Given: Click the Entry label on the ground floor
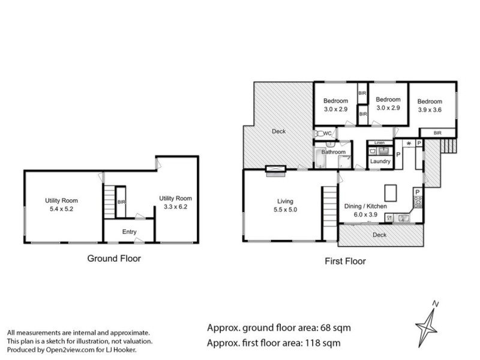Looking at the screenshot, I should (x=130, y=231).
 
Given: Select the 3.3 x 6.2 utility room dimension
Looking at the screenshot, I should (x=175, y=207).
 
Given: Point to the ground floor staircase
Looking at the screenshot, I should (x=109, y=202).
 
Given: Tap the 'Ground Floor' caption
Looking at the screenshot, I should (x=114, y=259).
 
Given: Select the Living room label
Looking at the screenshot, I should (x=286, y=201).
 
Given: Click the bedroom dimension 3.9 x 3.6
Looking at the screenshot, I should (x=430, y=110).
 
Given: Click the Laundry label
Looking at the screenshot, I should (x=380, y=161).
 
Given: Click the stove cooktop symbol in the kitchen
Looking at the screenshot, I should (x=418, y=202).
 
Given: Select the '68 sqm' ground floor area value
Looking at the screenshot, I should (x=332, y=328).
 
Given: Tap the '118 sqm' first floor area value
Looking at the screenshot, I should (x=328, y=343).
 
